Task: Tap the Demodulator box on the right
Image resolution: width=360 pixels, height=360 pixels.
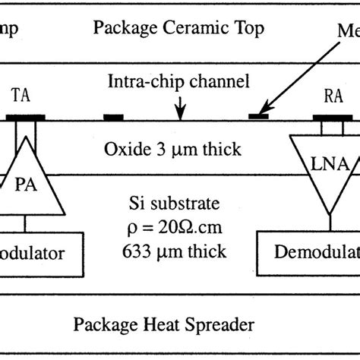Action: [x=308, y=253]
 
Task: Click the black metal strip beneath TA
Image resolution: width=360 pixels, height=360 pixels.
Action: [x=27, y=118]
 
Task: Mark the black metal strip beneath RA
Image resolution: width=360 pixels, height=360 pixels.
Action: [x=332, y=118]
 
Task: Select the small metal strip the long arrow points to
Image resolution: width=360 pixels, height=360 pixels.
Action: [x=259, y=116]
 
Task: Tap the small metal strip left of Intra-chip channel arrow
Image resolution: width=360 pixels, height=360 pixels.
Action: [x=114, y=118]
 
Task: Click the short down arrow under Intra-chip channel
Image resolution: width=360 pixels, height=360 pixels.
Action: [x=179, y=111]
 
